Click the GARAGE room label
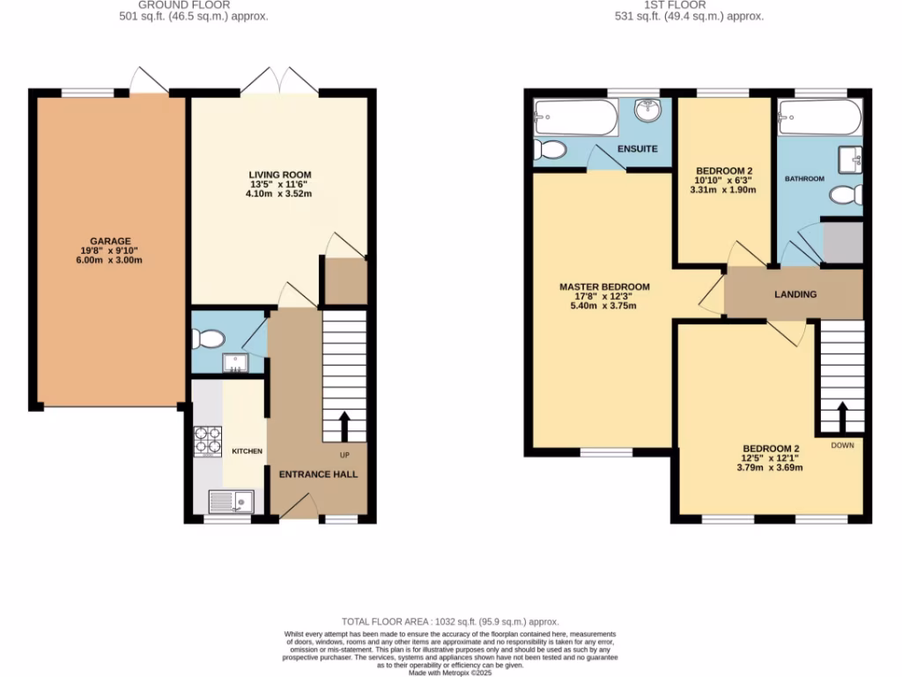[110, 241]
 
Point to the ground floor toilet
[208, 338]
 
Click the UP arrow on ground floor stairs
[344, 425]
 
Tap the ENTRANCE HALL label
[318, 474]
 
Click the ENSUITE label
[637, 149]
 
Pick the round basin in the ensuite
[649, 111]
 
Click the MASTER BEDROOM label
[604, 287]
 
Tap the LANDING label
[795, 294]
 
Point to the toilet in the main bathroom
[847, 194]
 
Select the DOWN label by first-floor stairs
[842, 445]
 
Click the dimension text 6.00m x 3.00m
[110, 260]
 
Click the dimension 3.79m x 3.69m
[771, 467]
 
